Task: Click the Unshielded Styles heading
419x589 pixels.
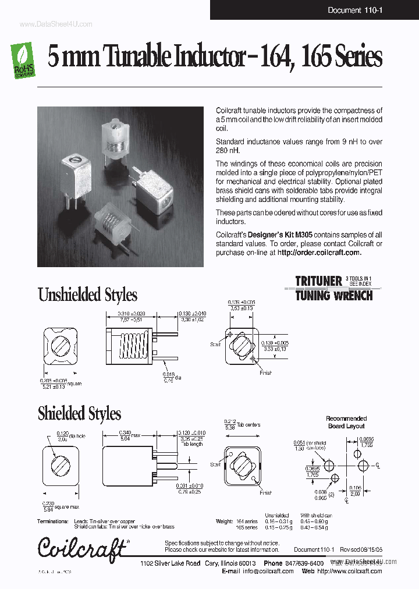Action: [87, 294]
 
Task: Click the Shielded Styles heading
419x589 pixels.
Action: [79, 413]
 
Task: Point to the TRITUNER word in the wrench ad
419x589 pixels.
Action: [318, 281]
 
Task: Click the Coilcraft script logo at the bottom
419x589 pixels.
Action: [82, 548]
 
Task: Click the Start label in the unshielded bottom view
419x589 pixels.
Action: [215, 345]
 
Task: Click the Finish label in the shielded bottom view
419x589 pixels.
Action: [265, 492]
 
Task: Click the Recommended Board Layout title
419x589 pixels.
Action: [346, 422]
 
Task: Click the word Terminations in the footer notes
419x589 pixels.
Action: [52, 521]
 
